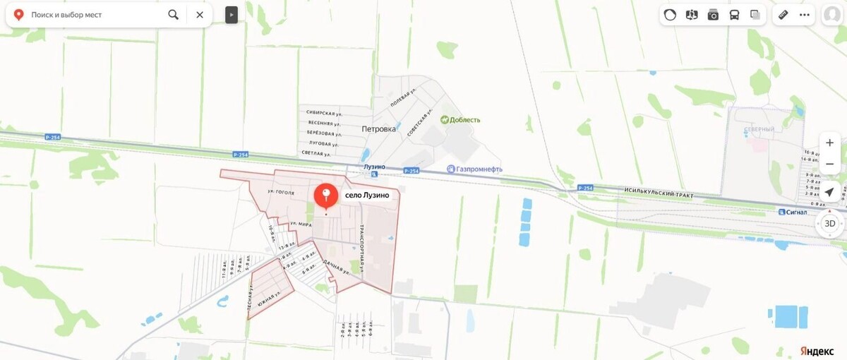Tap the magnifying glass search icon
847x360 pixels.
174,14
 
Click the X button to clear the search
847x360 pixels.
200,14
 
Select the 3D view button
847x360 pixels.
830,224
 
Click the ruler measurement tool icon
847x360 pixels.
783,14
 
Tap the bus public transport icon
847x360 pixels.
734,14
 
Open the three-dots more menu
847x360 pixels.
804,14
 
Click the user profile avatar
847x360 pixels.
833,15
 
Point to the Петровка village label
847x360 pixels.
378,129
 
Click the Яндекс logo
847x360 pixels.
817,351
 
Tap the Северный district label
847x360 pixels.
759,130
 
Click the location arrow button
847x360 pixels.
830,192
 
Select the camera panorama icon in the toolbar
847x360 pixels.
713,14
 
